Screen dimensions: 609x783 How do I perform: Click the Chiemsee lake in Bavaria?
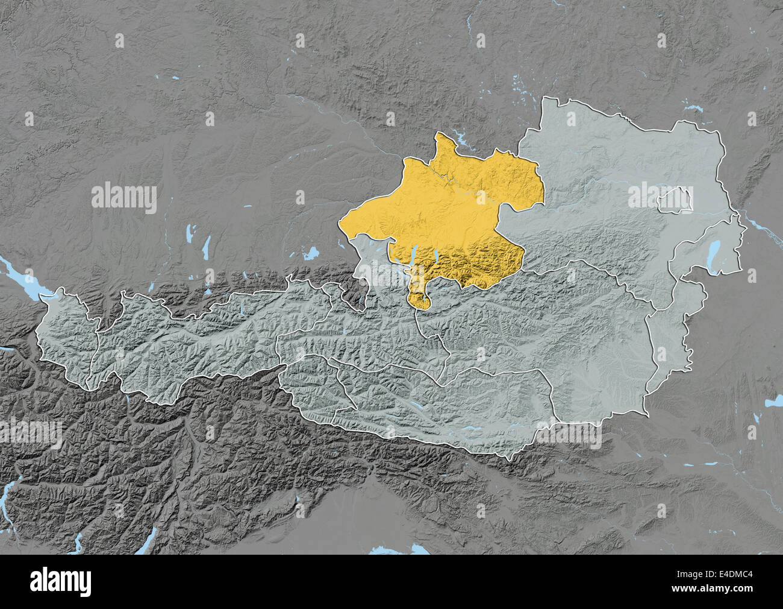coord(311,253)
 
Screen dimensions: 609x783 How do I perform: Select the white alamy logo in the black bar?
coord(61,581)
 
